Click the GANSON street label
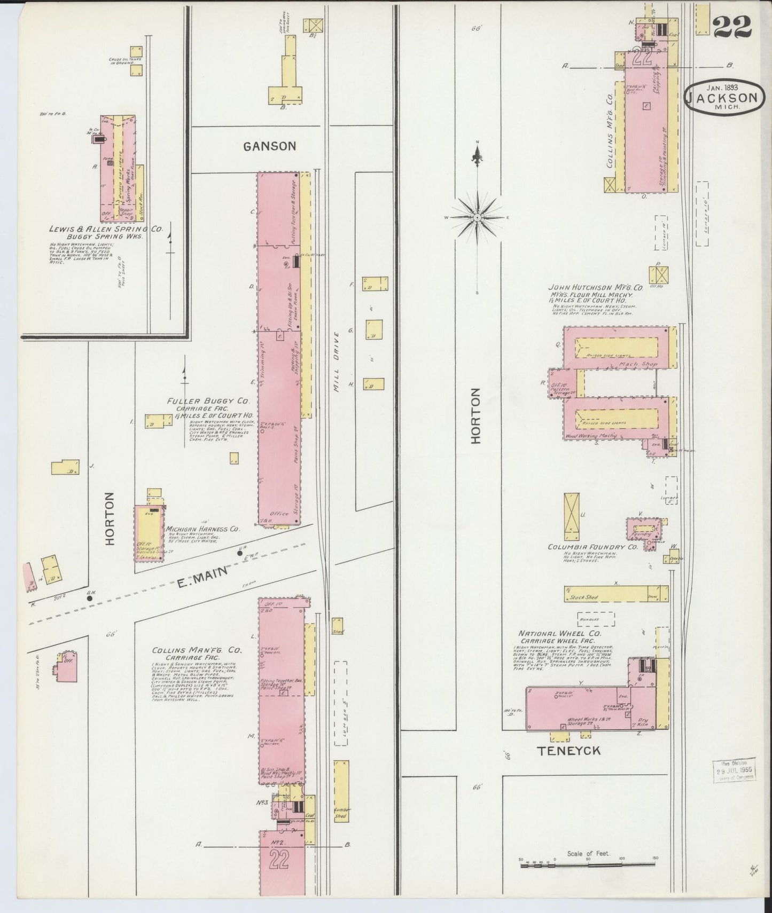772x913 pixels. [x=269, y=146]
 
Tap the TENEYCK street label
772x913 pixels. [x=568, y=751]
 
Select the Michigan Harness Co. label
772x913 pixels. [x=204, y=529]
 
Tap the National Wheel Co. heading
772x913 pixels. [x=560, y=633]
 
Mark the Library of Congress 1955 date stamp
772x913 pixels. [x=734, y=770]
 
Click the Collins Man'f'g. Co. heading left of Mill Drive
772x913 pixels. [x=197, y=650]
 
